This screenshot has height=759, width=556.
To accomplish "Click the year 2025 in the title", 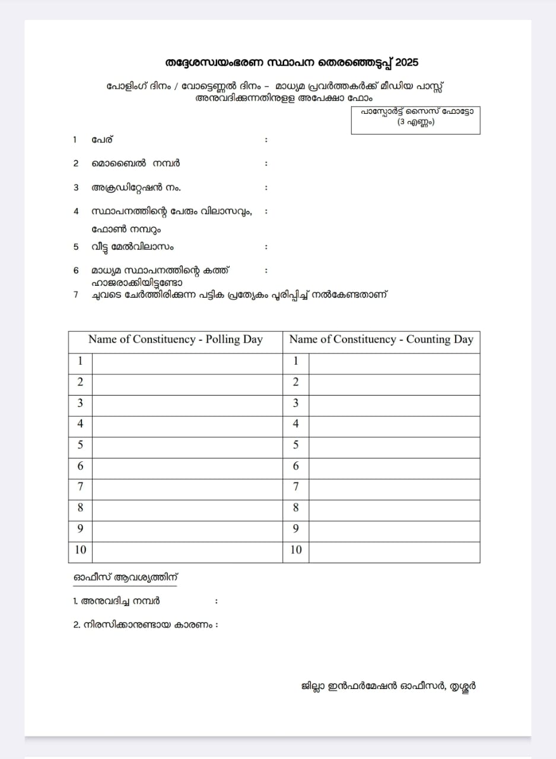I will [x=407, y=63].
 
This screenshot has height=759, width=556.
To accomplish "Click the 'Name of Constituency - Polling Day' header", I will [x=176, y=340].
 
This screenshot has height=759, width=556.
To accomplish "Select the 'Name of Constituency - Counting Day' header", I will [x=381, y=340].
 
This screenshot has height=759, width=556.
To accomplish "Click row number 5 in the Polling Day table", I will [x=80, y=445].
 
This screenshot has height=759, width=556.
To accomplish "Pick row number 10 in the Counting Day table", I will [x=296, y=550].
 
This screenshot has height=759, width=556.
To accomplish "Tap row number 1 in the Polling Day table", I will [x=80, y=361].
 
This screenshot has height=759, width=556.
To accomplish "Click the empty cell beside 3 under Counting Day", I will [x=394, y=403].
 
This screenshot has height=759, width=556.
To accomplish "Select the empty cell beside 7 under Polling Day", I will [x=187, y=487].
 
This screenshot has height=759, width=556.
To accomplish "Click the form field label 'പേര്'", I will [x=102, y=140].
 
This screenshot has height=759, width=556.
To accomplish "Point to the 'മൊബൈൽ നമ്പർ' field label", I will [x=136, y=163].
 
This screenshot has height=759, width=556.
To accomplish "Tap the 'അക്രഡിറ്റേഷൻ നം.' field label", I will [x=136, y=187].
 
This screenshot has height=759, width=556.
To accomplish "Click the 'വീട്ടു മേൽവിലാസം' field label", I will [x=132, y=247].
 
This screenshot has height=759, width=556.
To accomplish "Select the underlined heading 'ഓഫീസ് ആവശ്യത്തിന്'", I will [x=125, y=577].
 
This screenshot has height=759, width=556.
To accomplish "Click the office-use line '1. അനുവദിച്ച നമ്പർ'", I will [x=116, y=601].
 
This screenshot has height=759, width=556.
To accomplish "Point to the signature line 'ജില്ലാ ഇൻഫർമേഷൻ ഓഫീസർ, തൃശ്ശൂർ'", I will [x=388, y=687].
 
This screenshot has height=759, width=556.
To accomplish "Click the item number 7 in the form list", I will [x=76, y=294].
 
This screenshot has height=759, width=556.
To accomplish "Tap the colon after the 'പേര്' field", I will [x=266, y=140].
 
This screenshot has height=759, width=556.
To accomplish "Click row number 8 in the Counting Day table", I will [x=296, y=508].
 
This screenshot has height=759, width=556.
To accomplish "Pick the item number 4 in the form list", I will [x=76, y=211].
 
